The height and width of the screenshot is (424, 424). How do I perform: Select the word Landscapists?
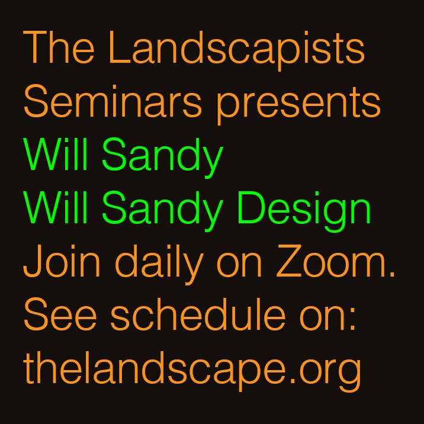[236, 49]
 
